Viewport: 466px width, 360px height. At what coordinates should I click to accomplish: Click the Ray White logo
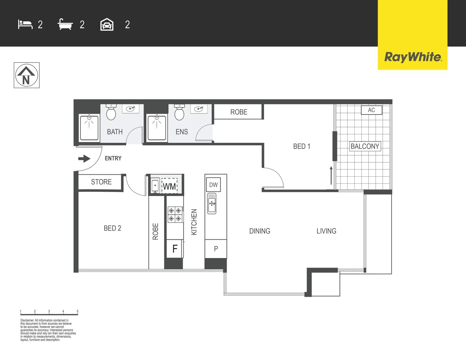[413, 57]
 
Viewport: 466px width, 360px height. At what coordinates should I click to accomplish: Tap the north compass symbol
[26, 75]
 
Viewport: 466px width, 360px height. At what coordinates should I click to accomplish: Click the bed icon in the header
[25, 25]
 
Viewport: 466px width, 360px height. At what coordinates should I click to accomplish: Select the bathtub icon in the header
[65, 24]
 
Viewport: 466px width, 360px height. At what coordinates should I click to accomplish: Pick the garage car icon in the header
[107, 25]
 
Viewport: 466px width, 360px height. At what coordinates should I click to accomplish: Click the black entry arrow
[84, 159]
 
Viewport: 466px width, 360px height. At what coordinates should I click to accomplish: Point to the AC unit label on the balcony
[371, 110]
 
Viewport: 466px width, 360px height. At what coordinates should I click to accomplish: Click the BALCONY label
[365, 146]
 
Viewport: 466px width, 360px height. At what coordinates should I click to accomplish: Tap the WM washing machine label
[169, 186]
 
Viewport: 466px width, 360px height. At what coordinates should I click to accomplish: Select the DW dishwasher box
[213, 185]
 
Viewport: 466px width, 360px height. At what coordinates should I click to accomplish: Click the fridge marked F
[175, 249]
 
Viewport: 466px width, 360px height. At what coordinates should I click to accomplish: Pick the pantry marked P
[216, 249]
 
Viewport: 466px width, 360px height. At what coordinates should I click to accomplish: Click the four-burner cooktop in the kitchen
[175, 214]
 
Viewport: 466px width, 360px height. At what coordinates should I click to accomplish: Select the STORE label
[101, 182]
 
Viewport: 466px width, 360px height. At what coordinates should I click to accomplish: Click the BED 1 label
[302, 146]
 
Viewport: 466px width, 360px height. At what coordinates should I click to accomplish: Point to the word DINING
[260, 231]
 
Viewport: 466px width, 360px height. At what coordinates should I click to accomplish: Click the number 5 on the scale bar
[78, 311]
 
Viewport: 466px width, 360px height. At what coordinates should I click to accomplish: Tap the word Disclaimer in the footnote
[27, 320]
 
